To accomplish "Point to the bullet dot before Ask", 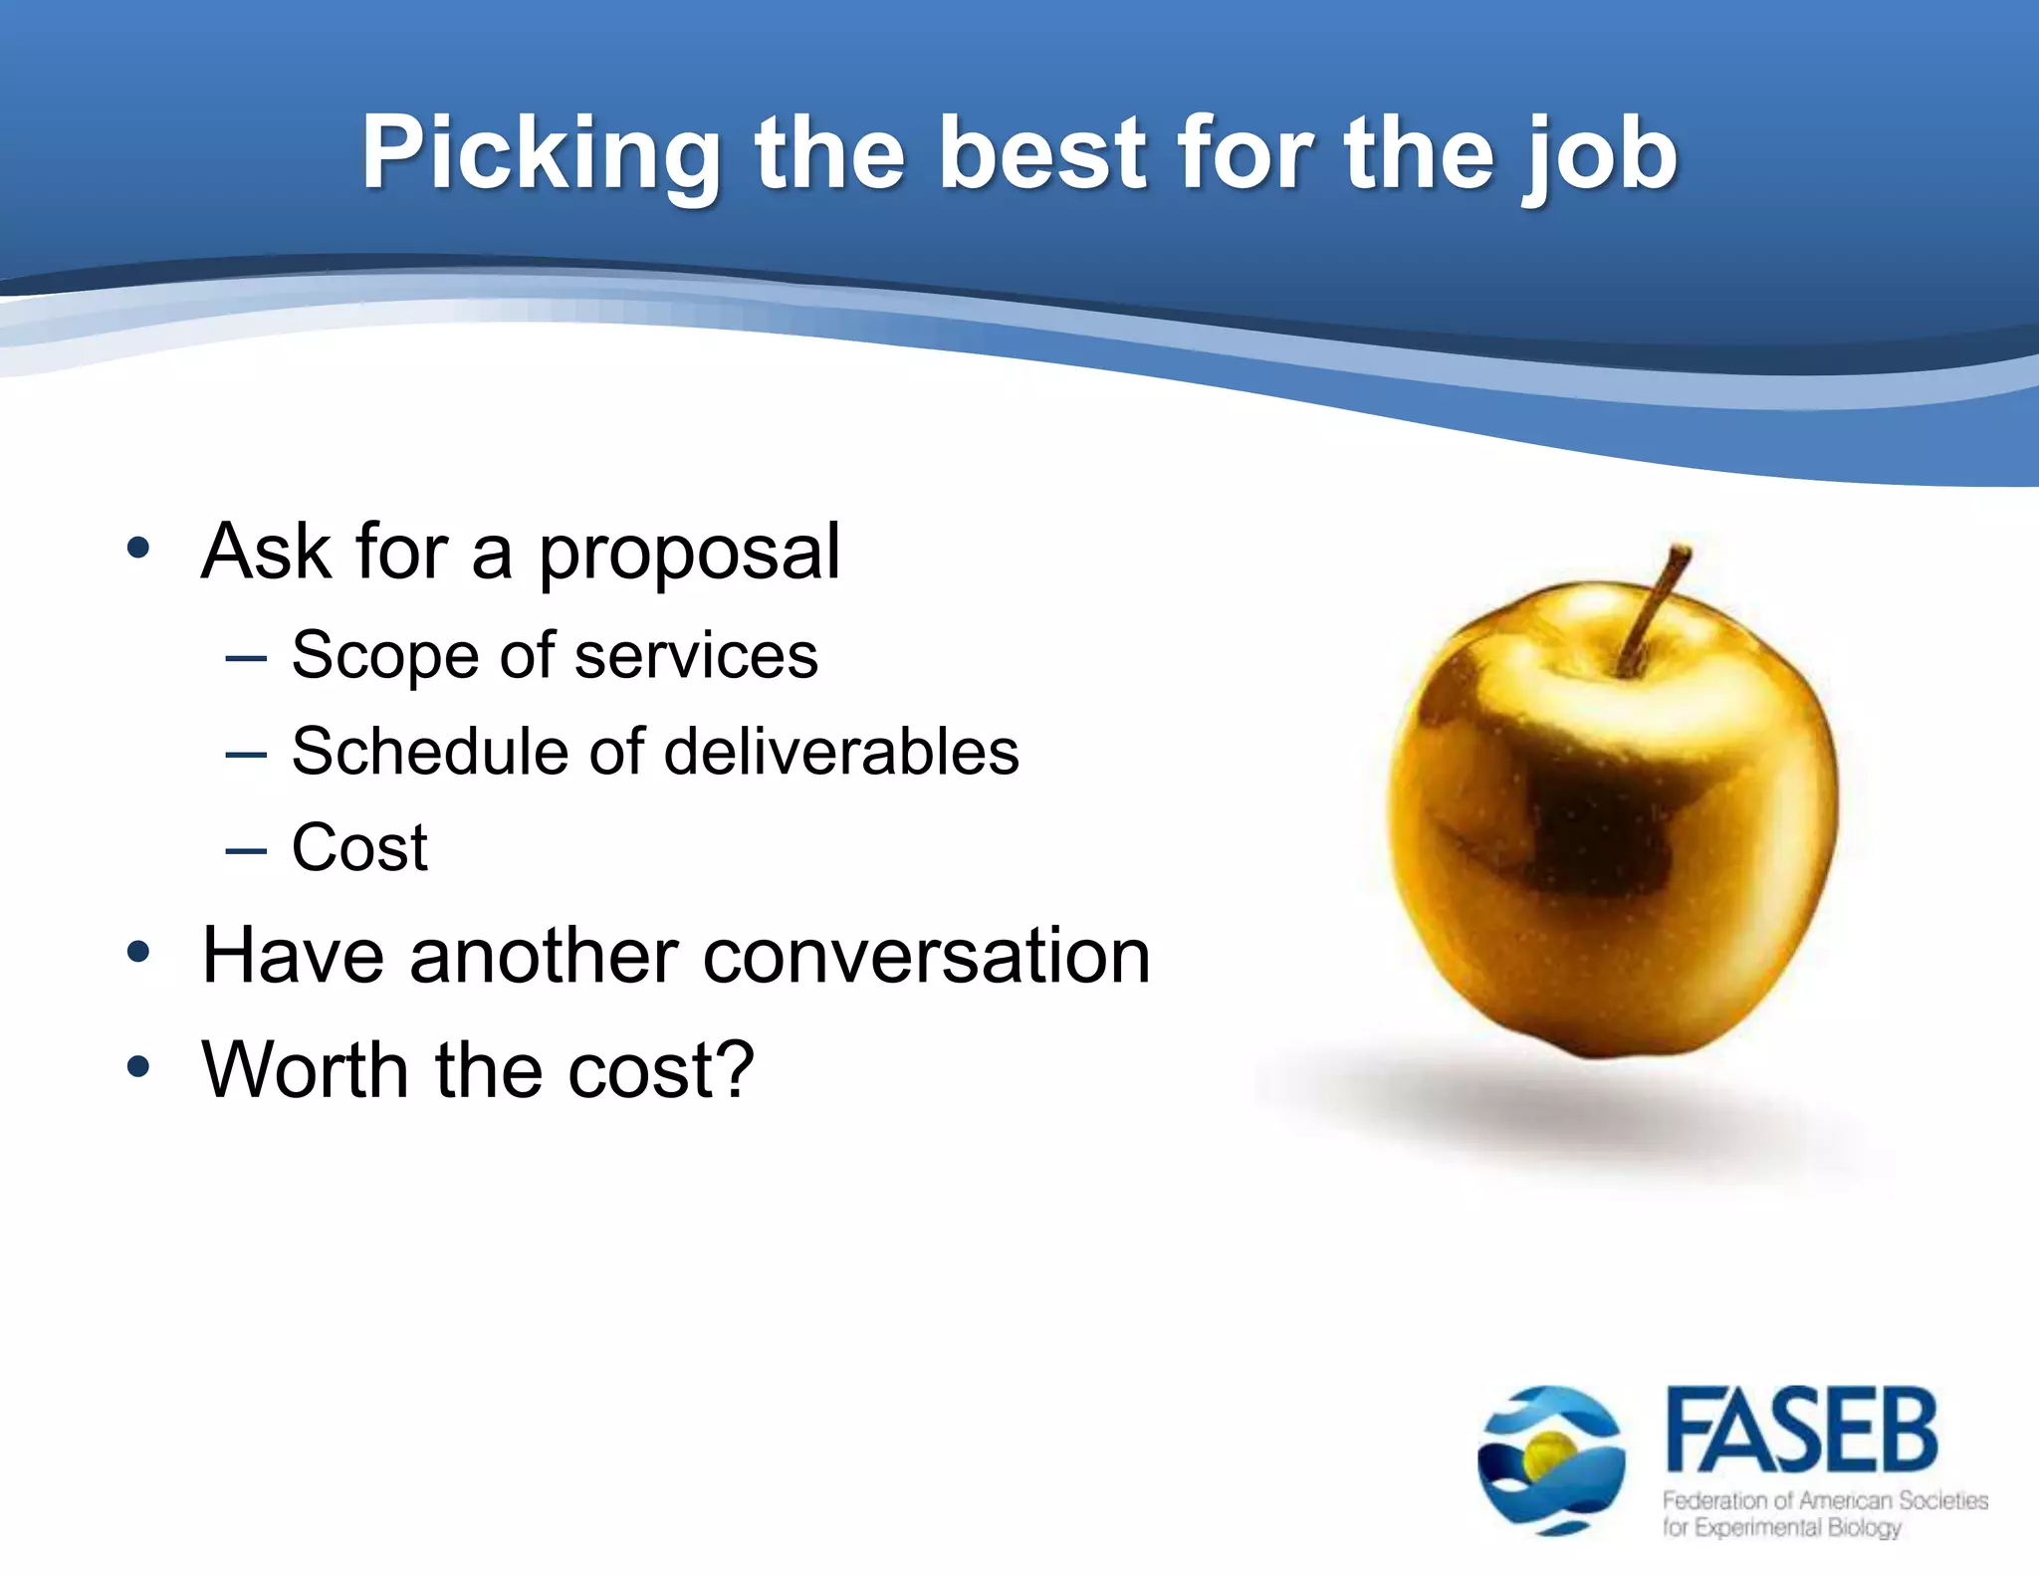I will pos(138,549).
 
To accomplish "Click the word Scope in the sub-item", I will pos(384,656).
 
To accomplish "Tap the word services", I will pos(696,656).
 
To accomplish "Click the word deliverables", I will pos(841,752).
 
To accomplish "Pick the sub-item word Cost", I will pos(359,848).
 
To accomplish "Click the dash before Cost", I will pos(246,851).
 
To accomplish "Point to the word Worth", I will pos(305,1070).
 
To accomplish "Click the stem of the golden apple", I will pos(1654,608).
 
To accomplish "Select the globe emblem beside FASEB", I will pos(1551,1460).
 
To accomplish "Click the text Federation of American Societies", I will pos(1825,1500).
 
